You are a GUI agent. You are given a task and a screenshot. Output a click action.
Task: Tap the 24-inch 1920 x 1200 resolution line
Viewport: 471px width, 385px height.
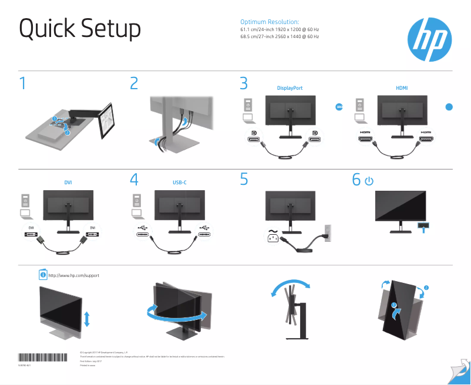click(x=280, y=29)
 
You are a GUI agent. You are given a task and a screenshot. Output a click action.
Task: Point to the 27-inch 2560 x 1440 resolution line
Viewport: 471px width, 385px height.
click(x=280, y=36)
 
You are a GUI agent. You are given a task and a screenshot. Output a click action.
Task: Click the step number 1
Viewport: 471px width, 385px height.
click(x=22, y=83)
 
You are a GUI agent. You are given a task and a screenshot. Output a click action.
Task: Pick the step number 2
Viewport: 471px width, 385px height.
click(x=134, y=83)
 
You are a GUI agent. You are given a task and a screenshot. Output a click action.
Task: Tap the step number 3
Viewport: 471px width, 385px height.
click(x=244, y=83)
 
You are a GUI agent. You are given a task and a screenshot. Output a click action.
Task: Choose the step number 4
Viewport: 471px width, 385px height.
click(x=134, y=180)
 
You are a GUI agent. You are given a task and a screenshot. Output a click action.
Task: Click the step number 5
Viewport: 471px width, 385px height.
click(x=244, y=180)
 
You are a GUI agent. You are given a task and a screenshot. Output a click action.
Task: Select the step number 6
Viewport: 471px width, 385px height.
click(x=356, y=180)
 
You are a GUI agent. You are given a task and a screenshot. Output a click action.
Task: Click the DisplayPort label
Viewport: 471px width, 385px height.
click(x=290, y=88)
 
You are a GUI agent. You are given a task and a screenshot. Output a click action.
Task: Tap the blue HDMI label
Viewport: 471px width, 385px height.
click(x=402, y=88)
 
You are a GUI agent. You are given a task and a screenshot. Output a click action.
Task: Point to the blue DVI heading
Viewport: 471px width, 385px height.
click(x=68, y=183)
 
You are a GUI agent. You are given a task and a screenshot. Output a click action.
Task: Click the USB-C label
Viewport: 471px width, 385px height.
click(x=180, y=183)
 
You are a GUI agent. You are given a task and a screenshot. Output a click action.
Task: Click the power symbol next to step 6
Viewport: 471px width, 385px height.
click(x=369, y=181)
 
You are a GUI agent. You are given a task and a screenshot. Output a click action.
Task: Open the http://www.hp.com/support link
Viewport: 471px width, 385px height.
click(x=70, y=275)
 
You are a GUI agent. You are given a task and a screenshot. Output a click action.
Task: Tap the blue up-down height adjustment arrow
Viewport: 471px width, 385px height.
click(x=87, y=319)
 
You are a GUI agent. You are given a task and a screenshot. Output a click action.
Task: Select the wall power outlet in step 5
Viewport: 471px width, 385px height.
click(x=327, y=232)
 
